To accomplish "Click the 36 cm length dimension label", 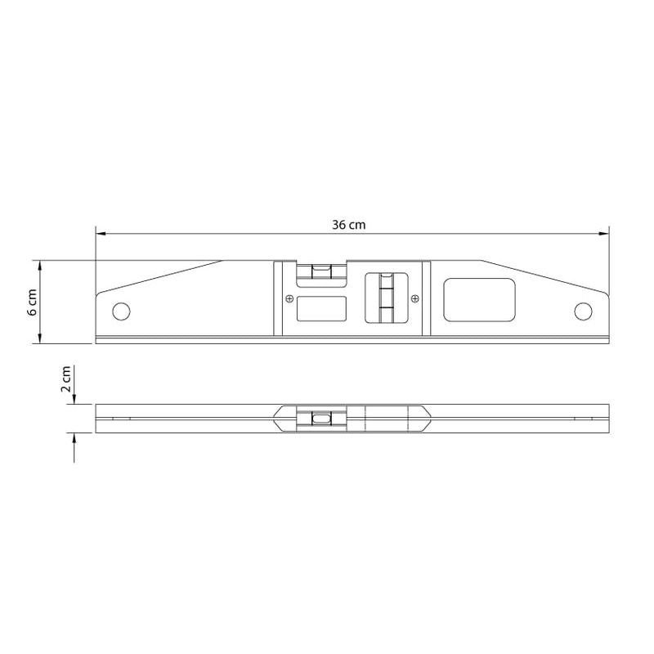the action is click(x=349, y=225).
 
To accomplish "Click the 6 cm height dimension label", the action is click(x=33, y=302).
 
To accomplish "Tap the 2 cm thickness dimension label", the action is click(x=66, y=379).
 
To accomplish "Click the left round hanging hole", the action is click(x=121, y=311).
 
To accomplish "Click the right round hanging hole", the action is click(x=583, y=311).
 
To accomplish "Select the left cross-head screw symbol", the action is click(x=289, y=298).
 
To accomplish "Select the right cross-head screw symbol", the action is click(x=414, y=298).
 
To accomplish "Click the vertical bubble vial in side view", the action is click(x=386, y=298).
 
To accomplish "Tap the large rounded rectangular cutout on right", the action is click(x=479, y=300).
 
